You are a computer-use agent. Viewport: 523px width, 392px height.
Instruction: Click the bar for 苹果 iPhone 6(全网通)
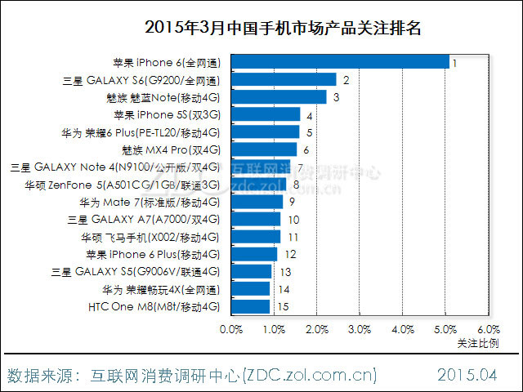(341, 62)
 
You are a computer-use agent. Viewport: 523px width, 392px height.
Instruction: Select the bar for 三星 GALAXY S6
(284, 79)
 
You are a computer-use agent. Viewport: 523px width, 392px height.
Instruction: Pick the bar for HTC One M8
(251, 307)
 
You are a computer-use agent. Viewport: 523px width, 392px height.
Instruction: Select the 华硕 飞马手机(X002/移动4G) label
(150, 237)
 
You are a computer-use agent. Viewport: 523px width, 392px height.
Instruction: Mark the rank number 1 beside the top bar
(454, 62)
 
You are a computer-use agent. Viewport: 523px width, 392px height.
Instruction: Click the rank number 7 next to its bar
(301, 167)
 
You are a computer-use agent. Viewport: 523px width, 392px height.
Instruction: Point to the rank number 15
(284, 307)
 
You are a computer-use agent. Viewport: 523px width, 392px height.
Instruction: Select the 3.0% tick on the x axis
(360, 329)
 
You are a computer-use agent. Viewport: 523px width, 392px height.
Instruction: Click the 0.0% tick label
(232, 329)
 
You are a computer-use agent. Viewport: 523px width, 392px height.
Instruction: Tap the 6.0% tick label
(488, 329)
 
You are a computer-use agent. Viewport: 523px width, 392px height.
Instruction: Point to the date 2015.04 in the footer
(467, 376)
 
